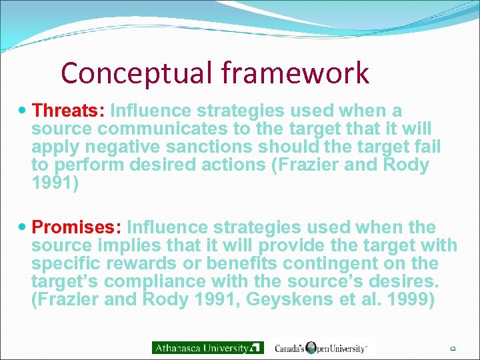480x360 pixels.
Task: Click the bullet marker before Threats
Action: tap(24, 110)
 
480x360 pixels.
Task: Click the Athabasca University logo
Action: tap(208, 347)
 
